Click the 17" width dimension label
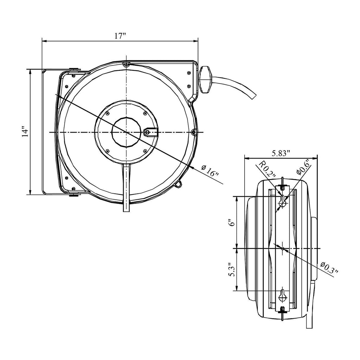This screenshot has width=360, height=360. [120, 36]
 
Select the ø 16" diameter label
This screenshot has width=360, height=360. [210, 171]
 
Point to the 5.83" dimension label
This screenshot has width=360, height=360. [281, 153]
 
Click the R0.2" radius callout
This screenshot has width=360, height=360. [267, 169]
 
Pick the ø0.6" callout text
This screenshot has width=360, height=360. [303, 166]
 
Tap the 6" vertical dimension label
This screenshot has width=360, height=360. [232, 222]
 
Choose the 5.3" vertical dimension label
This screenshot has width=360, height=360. [232, 270]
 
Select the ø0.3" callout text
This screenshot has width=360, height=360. [329, 268]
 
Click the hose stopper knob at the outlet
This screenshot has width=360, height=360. [205, 79]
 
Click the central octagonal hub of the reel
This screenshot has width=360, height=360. [126, 132]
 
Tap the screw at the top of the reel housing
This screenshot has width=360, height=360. [126, 65]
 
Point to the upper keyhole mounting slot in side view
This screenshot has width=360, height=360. [282, 200]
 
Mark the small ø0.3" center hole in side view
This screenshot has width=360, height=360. [282, 249]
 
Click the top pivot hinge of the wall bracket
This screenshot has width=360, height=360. [74, 69]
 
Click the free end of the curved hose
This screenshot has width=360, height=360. [253, 96]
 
